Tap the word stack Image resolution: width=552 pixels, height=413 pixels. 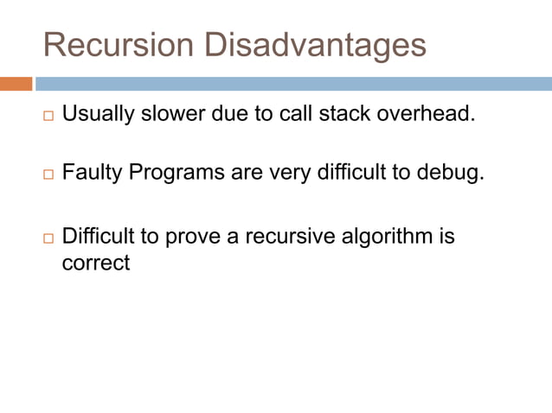point(343,114)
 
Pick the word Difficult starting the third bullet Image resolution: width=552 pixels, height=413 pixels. point(98,235)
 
